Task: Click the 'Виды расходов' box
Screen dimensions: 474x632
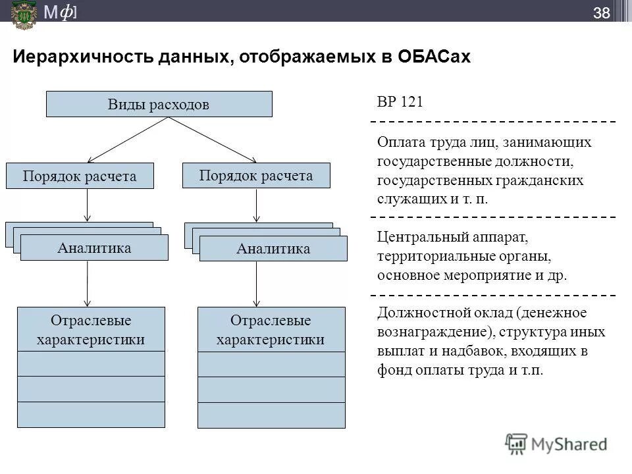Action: (x=159, y=104)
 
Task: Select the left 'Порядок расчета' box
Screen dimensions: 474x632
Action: (x=80, y=176)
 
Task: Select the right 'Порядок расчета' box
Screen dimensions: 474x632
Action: (x=256, y=176)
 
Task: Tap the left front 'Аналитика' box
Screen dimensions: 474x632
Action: (x=94, y=248)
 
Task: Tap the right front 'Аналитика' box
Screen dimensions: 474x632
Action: (x=273, y=249)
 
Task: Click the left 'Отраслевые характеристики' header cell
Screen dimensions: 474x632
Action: (x=91, y=330)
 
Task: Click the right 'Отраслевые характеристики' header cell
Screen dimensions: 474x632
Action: (x=271, y=330)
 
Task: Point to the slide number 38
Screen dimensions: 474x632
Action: (x=601, y=13)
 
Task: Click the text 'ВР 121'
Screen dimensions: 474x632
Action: (x=400, y=102)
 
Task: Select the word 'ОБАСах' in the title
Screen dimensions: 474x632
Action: (x=434, y=57)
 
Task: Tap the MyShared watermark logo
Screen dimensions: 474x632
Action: (x=556, y=444)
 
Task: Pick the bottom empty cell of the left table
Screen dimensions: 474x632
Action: (x=91, y=415)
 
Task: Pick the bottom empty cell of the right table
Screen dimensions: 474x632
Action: (x=271, y=415)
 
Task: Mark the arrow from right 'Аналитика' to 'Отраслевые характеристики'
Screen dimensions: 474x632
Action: (x=256, y=283)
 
